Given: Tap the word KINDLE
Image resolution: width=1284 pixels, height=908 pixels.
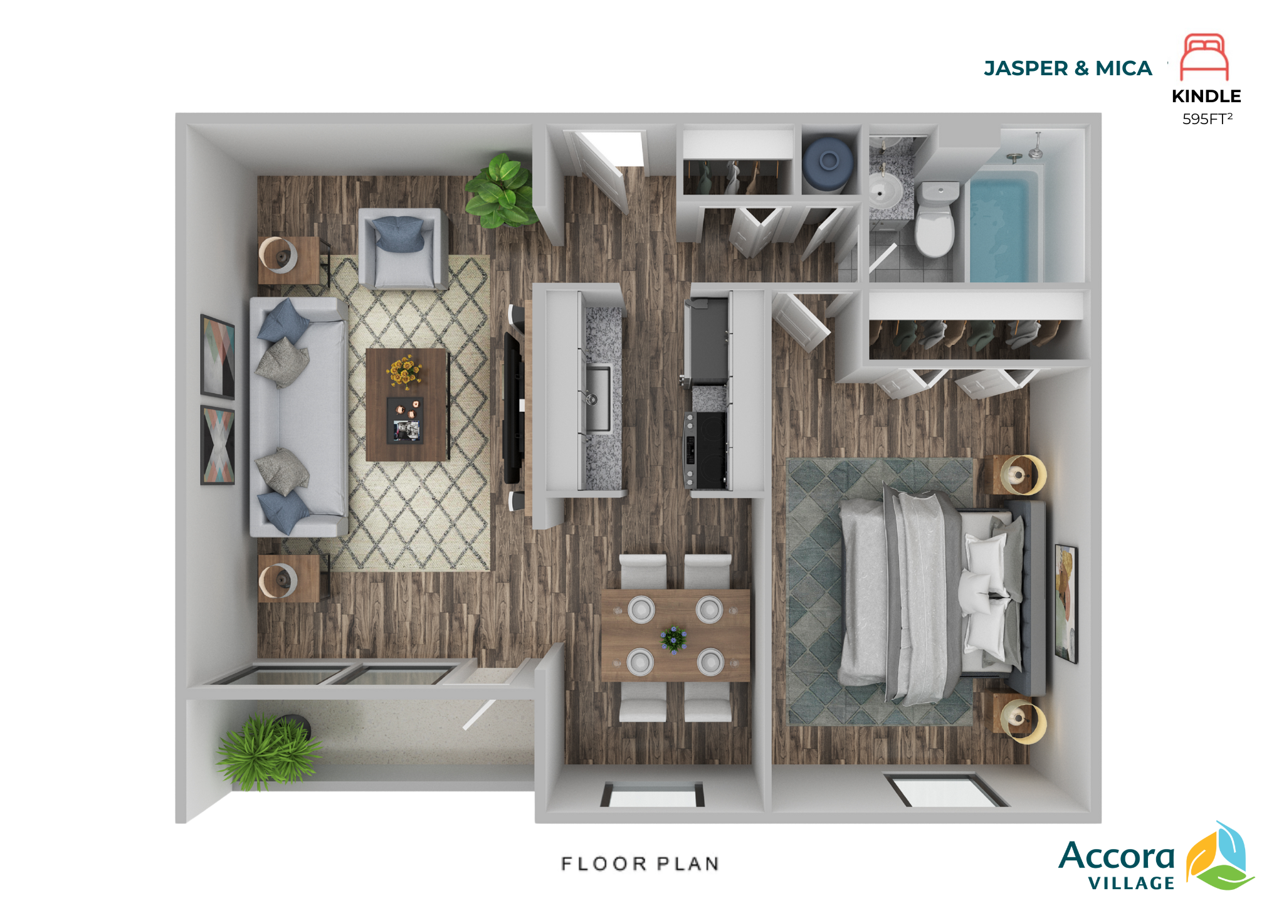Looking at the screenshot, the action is [1206, 96].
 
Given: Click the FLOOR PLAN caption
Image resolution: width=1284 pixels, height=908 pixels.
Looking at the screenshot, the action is [640, 863].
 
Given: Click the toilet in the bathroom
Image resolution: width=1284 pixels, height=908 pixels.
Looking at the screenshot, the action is [935, 218].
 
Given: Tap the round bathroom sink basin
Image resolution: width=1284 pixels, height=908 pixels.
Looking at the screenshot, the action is [885, 189].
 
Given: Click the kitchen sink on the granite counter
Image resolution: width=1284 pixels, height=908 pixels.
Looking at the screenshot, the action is [598, 399].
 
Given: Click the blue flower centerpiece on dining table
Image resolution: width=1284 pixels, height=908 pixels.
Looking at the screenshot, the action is [674, 639].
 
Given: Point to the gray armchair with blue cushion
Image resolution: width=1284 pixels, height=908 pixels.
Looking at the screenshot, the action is [403, 248].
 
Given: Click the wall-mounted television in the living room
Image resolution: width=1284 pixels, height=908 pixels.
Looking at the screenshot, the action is [513, 408].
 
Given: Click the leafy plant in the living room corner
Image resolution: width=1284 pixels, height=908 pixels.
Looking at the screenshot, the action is [502, 191].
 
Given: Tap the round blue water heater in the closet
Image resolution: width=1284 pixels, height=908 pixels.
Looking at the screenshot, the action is [829, 163].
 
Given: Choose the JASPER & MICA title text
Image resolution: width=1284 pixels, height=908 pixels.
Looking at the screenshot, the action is [1068, 68].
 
